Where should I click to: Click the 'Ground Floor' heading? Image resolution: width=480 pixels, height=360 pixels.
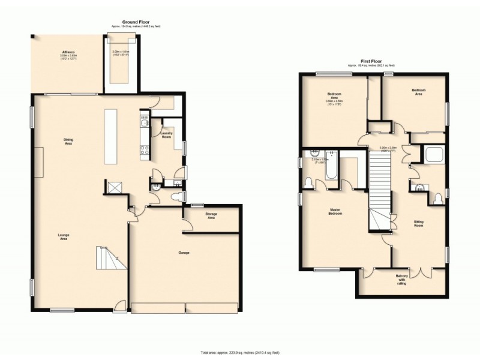click(x=136, y=22)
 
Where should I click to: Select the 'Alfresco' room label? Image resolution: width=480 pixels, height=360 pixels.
click(x=67, y=53)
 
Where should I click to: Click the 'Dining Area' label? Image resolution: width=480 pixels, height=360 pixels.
click(x=68, y=142)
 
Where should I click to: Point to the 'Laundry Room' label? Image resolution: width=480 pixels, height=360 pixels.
click(x=166, y=136)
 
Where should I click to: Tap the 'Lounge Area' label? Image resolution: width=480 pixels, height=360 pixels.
click(x=63, y=236)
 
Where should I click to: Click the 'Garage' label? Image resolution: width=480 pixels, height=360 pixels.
click(x=184, y=253)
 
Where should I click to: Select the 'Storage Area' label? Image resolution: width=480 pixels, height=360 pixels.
click(x=211, y=215)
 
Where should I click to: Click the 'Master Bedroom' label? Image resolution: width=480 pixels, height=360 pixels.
click(x=335, y=211)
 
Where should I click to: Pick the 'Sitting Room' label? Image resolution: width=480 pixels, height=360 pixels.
click(x=418, y=223)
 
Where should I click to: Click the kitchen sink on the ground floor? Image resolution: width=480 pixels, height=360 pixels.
click(x=144, y=124)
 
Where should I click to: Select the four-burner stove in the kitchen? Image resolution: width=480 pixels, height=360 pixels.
click(x=144, y=151)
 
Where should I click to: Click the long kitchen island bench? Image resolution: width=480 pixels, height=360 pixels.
click(x=112, y=136)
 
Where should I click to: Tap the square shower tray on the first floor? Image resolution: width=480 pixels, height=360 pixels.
click(x=433, y=155)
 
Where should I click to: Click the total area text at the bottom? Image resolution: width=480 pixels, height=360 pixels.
click(x=239, y=352)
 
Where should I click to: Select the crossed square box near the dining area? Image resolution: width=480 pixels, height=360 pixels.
click(x=113, y=188)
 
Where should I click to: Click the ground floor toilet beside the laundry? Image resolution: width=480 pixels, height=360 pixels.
click(x=177, y=196)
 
